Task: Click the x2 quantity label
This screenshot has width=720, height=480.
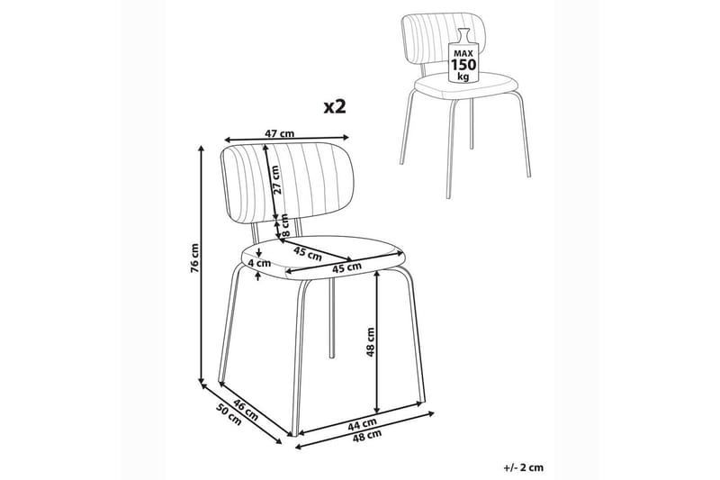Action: point(334,107)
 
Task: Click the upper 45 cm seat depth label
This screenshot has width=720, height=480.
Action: point(308,252)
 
